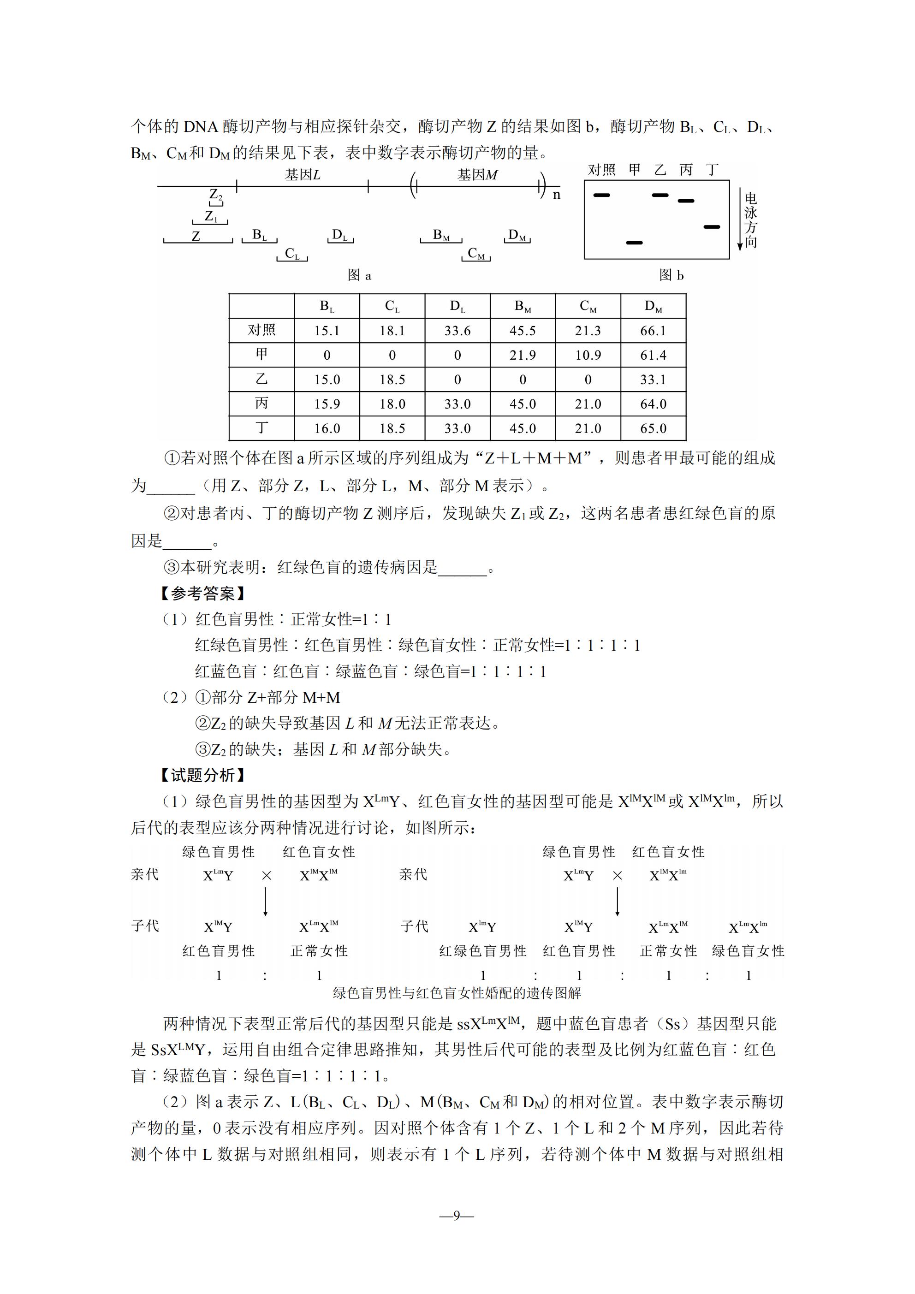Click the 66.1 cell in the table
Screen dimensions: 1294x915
coord(653,331)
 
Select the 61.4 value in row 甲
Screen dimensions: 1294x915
coord(653,355)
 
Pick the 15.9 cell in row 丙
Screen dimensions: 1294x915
coord(327,404)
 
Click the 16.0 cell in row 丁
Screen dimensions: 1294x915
coord(327,428)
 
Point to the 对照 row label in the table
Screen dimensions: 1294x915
coord(261,330)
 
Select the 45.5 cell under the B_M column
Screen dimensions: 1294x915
coord(523,331)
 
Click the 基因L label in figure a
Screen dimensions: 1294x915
coord(302,175)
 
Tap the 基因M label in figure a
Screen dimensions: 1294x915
coord(477,175)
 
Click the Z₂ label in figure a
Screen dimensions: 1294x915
coord(215,195)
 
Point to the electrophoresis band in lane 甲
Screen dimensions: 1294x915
coord(634,243)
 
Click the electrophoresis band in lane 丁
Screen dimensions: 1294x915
coord(712,226)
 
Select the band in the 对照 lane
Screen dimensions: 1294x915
coord(601,195)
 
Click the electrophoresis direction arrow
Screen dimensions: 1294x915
coord(740,220)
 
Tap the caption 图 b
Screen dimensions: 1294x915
coord(671,275)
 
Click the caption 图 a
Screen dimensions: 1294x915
coord(359,275)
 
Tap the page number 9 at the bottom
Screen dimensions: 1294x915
coord(457,1216)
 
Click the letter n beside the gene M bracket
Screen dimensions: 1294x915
coord(557,195)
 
